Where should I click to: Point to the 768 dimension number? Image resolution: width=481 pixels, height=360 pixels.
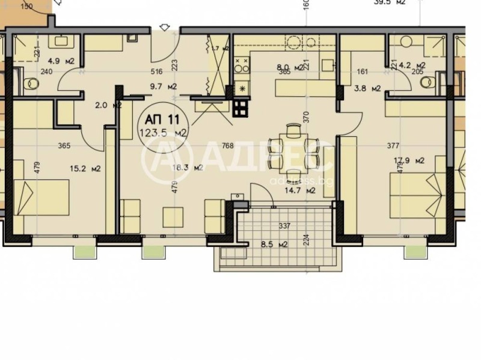[227, 145]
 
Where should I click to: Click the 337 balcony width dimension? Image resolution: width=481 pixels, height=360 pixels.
[284, 226]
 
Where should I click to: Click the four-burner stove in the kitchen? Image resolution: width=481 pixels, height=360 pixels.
[240, 108]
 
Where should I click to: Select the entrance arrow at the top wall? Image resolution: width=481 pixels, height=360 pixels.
[165, 27]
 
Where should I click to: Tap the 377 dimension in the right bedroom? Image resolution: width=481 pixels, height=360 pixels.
[393, 145]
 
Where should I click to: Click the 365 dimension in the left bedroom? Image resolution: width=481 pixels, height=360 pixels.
[64, 145]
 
